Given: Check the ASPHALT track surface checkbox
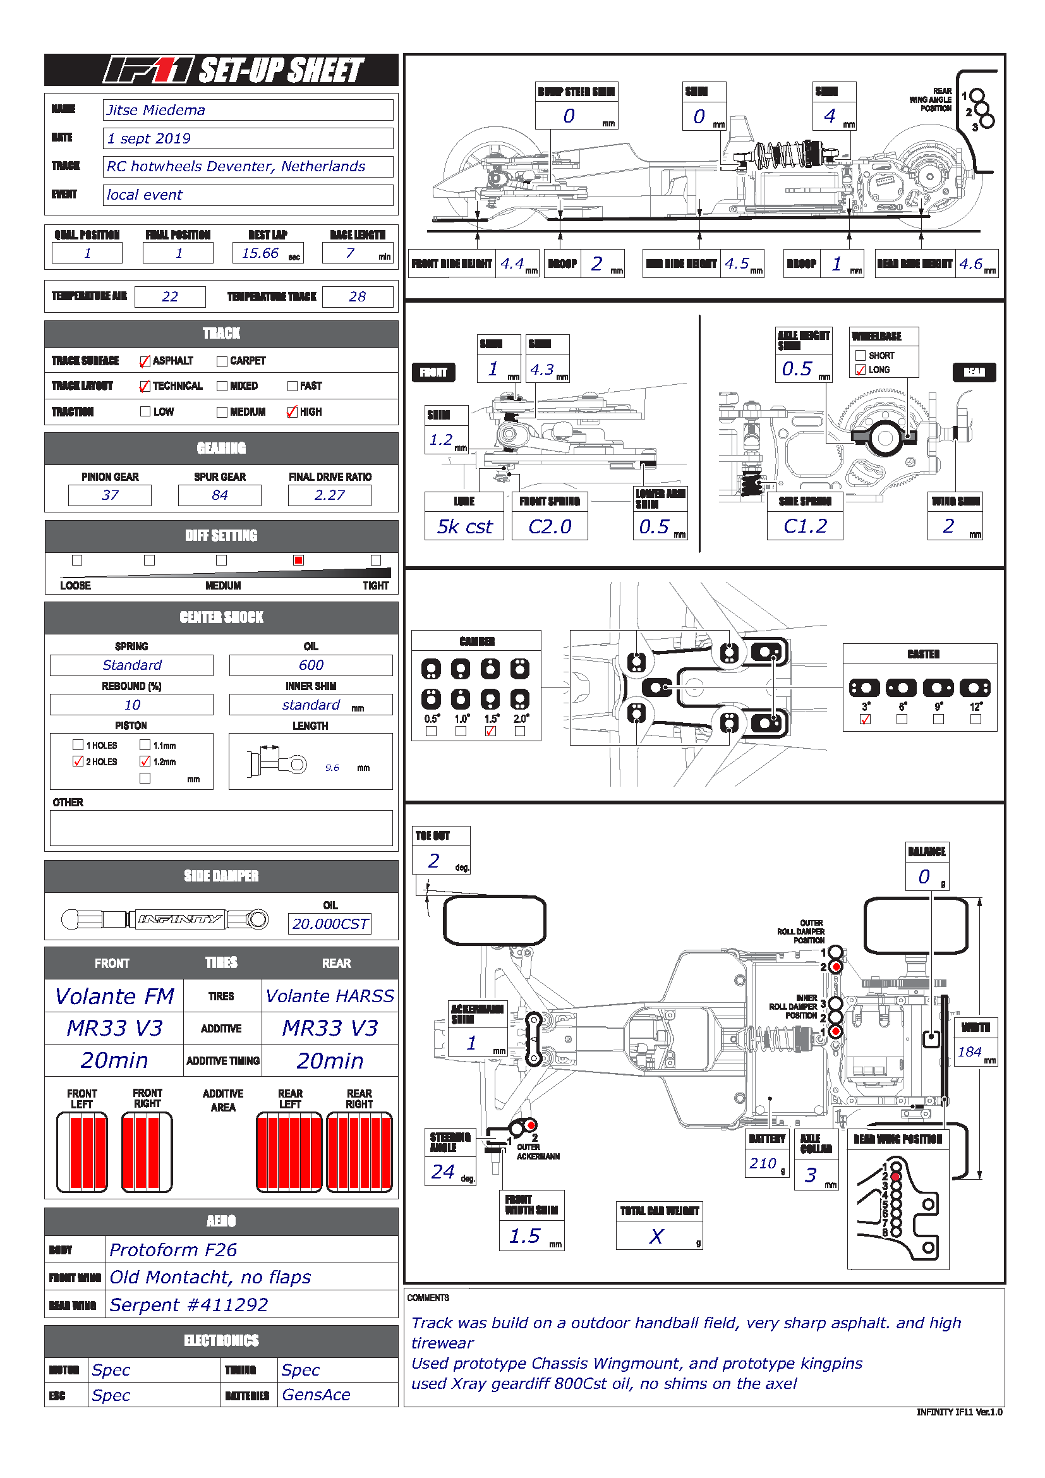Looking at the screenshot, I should pos(145,361).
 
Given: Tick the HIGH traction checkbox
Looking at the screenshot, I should pos(292,412).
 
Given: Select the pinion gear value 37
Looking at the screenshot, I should pos(110,495).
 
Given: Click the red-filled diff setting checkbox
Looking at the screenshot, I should pos(298,560).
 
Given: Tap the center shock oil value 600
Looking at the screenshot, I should pos(311,665).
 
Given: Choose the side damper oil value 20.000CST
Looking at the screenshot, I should pos(329,924).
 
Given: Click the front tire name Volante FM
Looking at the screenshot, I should pos(114,996).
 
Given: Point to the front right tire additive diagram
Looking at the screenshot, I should pos(147,1153).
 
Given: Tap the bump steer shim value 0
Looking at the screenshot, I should pos(569,116).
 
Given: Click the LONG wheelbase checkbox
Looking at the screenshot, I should pos(861,370).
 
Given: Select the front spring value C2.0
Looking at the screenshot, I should pos(550,526).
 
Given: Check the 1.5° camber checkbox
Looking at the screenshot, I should pos(491,731).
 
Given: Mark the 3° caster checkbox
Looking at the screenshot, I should pos(866,719).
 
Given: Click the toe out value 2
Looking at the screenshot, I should pos(434,861).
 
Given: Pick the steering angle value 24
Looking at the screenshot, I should pos(444,1172).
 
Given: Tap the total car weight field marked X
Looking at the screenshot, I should pos(656,1236).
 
